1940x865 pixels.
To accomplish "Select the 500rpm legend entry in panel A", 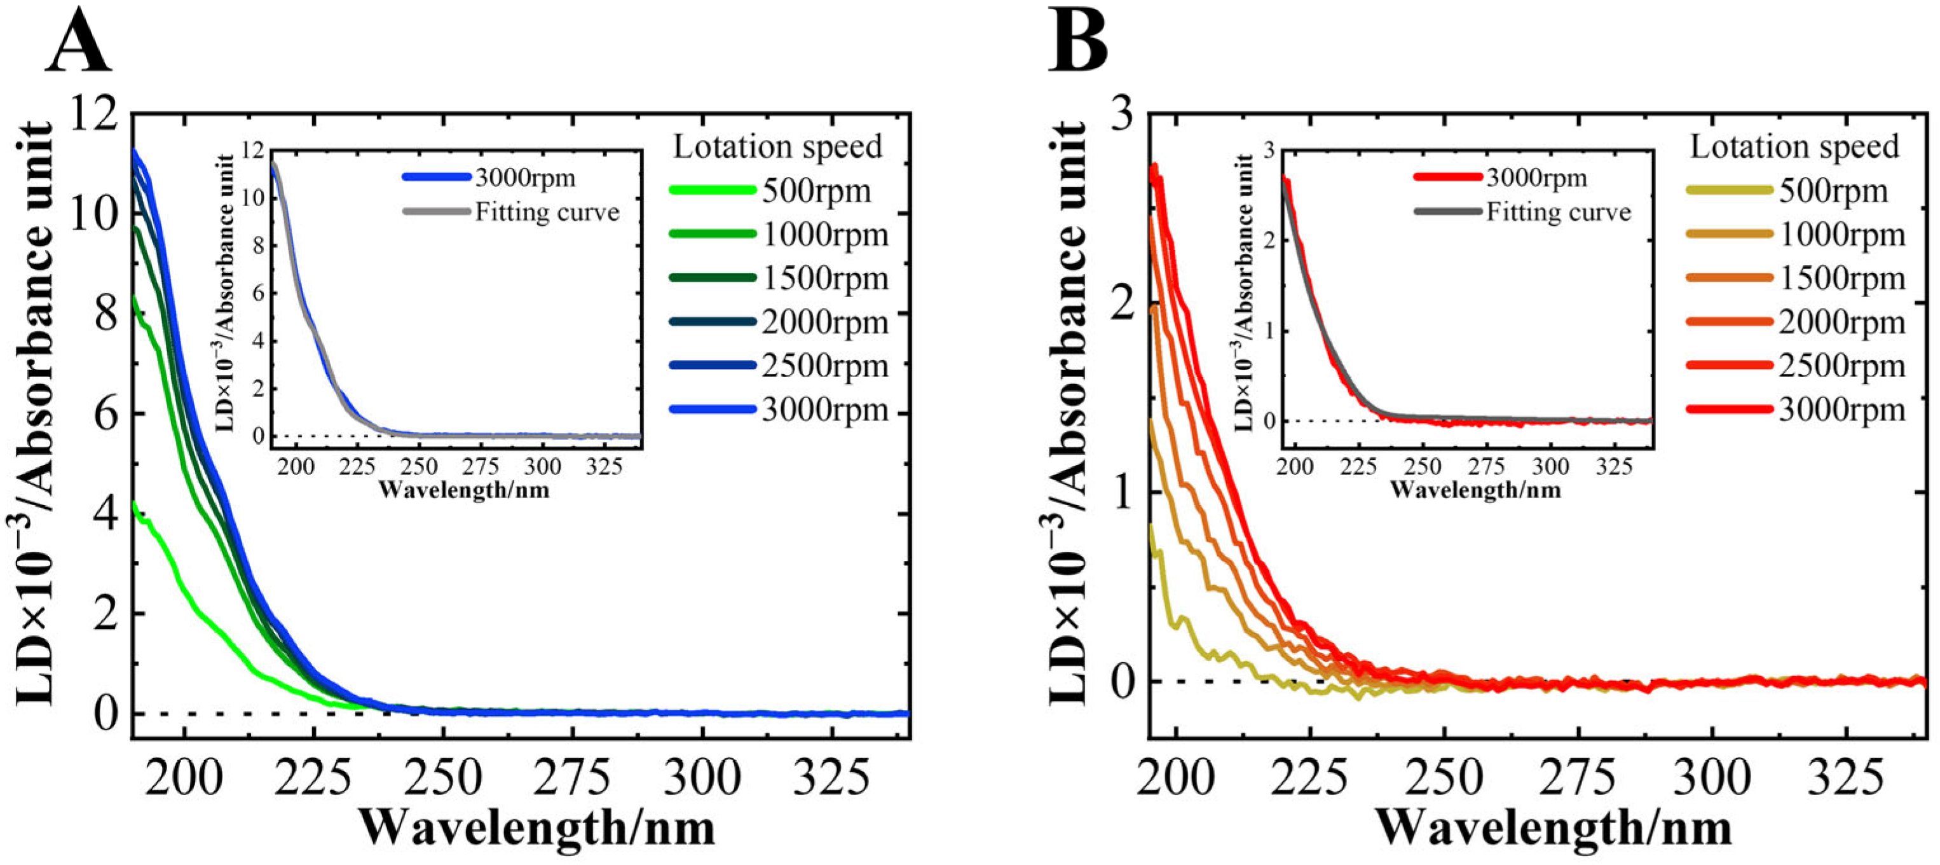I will click(x=816, y=191).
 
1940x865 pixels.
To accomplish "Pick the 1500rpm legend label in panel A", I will click(x=824, y=279).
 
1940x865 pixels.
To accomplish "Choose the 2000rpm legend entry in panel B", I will click(x=1842, y=322).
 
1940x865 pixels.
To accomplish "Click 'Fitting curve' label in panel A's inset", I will click(x=547, y=212).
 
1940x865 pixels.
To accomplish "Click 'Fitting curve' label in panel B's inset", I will click(x=1558, y=212).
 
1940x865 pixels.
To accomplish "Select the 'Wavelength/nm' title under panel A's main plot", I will click(x=537, y=829).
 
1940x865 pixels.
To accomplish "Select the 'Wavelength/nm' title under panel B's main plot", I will click(x=1554, y=829).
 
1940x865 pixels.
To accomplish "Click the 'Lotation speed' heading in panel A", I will click(x=777, y=147).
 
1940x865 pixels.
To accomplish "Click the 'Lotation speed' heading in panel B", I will click(x=1794, y=147).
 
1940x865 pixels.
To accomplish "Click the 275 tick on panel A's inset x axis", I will click(x=481, y=467).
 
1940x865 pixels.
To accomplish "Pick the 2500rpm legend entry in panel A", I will click(x=824, y=366).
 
